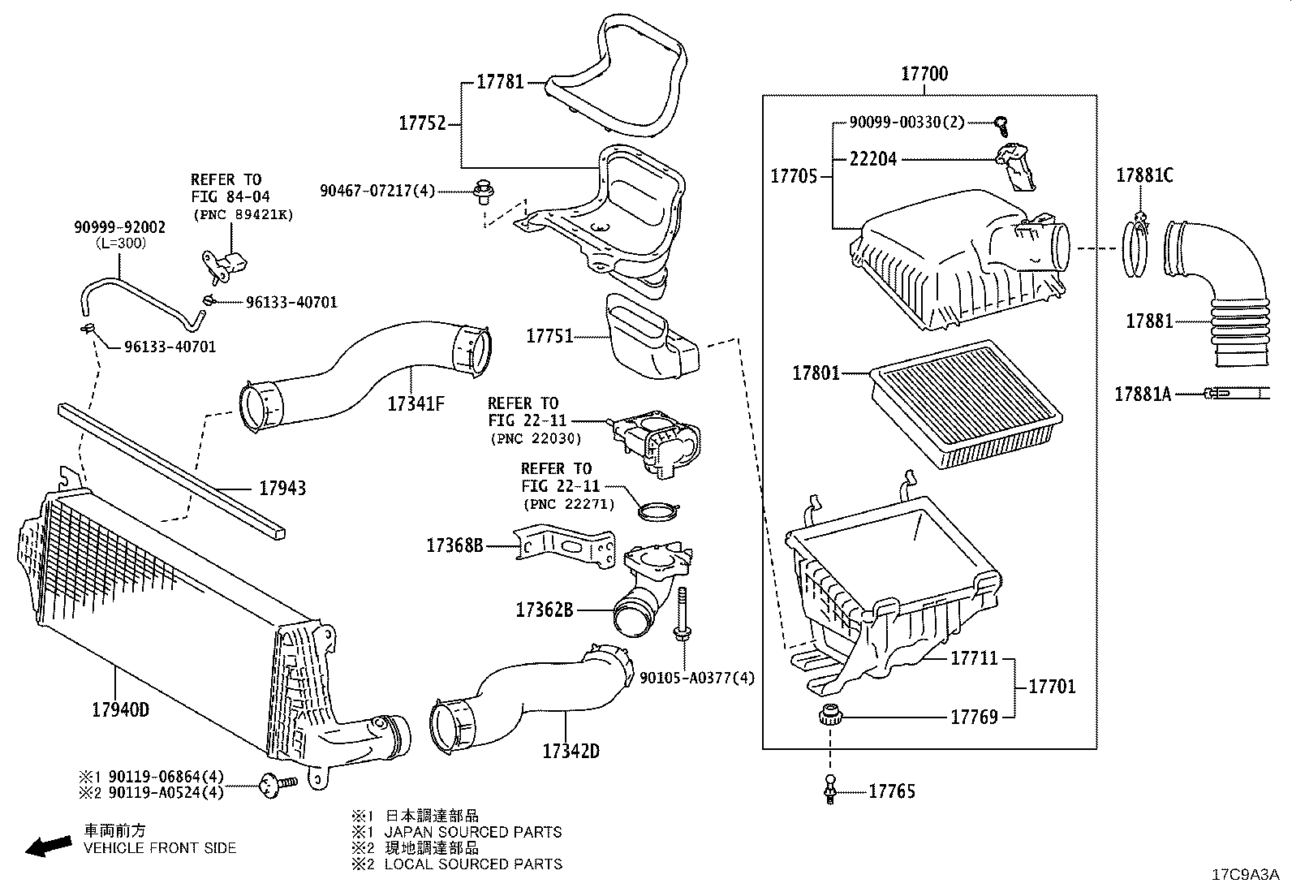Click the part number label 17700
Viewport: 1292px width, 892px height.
(x=924, y=74)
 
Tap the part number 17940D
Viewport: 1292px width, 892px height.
(x=120, y=709)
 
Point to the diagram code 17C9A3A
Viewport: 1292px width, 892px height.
(x=1244, y=875)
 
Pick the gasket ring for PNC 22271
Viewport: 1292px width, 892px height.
(x=657, y=512)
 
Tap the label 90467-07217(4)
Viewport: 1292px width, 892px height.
(x=377, y=191)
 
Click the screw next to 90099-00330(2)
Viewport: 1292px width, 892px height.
(x=1002, y=123)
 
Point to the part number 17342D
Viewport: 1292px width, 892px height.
(x=571, y=751)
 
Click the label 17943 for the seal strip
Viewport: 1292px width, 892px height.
(x=282, y=488)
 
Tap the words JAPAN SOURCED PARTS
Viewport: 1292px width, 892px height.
(x=472, y=832)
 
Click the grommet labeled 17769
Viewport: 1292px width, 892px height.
(x=828, y=716)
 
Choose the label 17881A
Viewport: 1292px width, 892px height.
(x=1142, y=394)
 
